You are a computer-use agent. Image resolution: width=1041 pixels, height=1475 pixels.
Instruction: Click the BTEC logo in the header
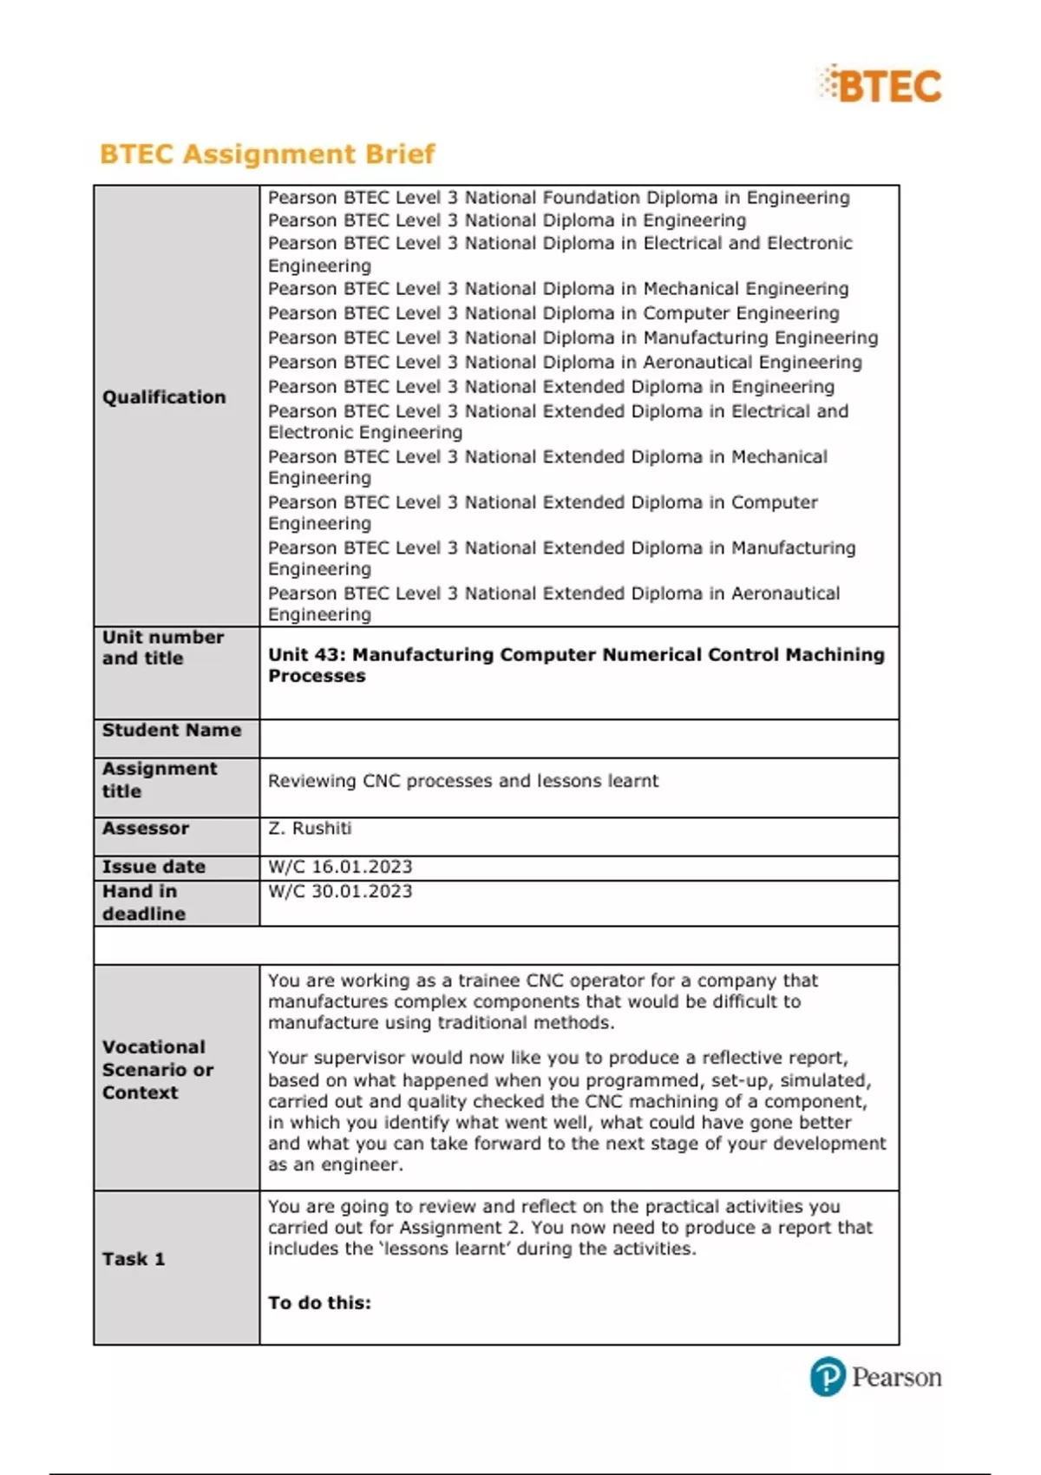pos(881,85)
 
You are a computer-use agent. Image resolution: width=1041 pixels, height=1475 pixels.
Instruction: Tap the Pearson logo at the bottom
pos(876,1377)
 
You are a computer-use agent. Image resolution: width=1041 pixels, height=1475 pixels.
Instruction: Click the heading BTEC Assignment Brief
pos(267,154)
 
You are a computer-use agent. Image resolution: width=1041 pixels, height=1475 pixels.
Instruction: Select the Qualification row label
pos(164,397)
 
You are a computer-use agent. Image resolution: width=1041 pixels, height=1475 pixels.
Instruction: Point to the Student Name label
pos(171,731)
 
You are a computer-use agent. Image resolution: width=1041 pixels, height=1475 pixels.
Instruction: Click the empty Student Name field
pos(579,738)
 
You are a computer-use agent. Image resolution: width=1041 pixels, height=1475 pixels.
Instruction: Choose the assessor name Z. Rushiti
pos(310,829)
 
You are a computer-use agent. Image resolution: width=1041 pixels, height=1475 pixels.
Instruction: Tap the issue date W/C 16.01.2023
pos(340,867)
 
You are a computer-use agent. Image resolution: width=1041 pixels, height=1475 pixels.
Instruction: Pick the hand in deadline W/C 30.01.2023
pos(340,891)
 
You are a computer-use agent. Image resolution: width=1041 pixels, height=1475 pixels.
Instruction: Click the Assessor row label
pos(145,829)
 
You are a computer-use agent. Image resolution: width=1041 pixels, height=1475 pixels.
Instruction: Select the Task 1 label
pos(134,1259)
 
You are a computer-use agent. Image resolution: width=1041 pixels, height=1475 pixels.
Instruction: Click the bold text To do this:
pos(319,1302)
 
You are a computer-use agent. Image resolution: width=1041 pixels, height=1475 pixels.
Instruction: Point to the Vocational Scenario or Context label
pos(157,1070)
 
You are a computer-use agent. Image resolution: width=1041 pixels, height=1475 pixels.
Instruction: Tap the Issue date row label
pos(154,867)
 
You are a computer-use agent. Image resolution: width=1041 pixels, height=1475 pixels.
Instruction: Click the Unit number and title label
pos(163,647)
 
